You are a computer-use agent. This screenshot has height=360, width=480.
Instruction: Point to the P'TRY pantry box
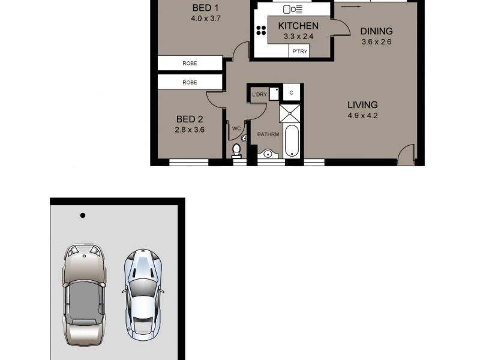(x=299, y=52)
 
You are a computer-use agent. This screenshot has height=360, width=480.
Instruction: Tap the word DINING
(x=376, y=31)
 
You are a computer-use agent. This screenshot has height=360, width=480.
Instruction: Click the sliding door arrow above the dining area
(x=354, y=7)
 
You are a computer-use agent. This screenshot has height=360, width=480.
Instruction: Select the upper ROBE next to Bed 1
(x=190, y=63)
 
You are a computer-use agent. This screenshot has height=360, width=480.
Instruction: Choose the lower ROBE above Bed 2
(x=190, y=82)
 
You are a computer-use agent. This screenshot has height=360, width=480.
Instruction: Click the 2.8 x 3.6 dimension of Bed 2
(x=190, y=128)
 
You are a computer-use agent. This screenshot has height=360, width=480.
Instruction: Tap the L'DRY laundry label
(x=259, y=94)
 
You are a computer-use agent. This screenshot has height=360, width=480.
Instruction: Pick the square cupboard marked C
(x=291, y=93)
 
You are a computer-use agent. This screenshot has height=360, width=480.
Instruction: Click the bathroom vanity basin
(x=268, y=154)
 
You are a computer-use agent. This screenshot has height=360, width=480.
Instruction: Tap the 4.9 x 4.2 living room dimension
(x=362, y=116)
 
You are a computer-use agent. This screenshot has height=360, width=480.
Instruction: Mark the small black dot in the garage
(x=83, y=215)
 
